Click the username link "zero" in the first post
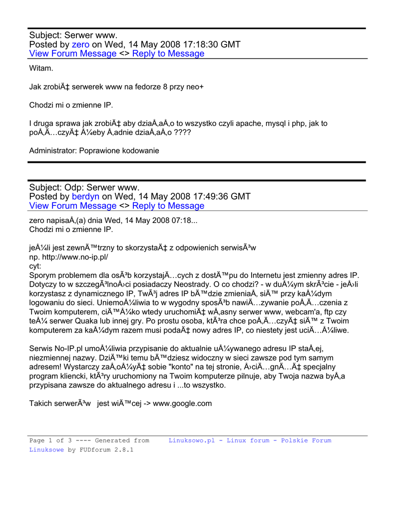pos(80,44)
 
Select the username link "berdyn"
pos(86,196)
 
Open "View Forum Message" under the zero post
pos(73,53)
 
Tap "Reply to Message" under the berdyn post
pos(168,205)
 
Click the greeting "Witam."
pos(41,67)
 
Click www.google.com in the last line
pos(182,403)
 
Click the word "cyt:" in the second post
pos(35,266)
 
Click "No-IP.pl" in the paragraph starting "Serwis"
pos(70,348)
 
